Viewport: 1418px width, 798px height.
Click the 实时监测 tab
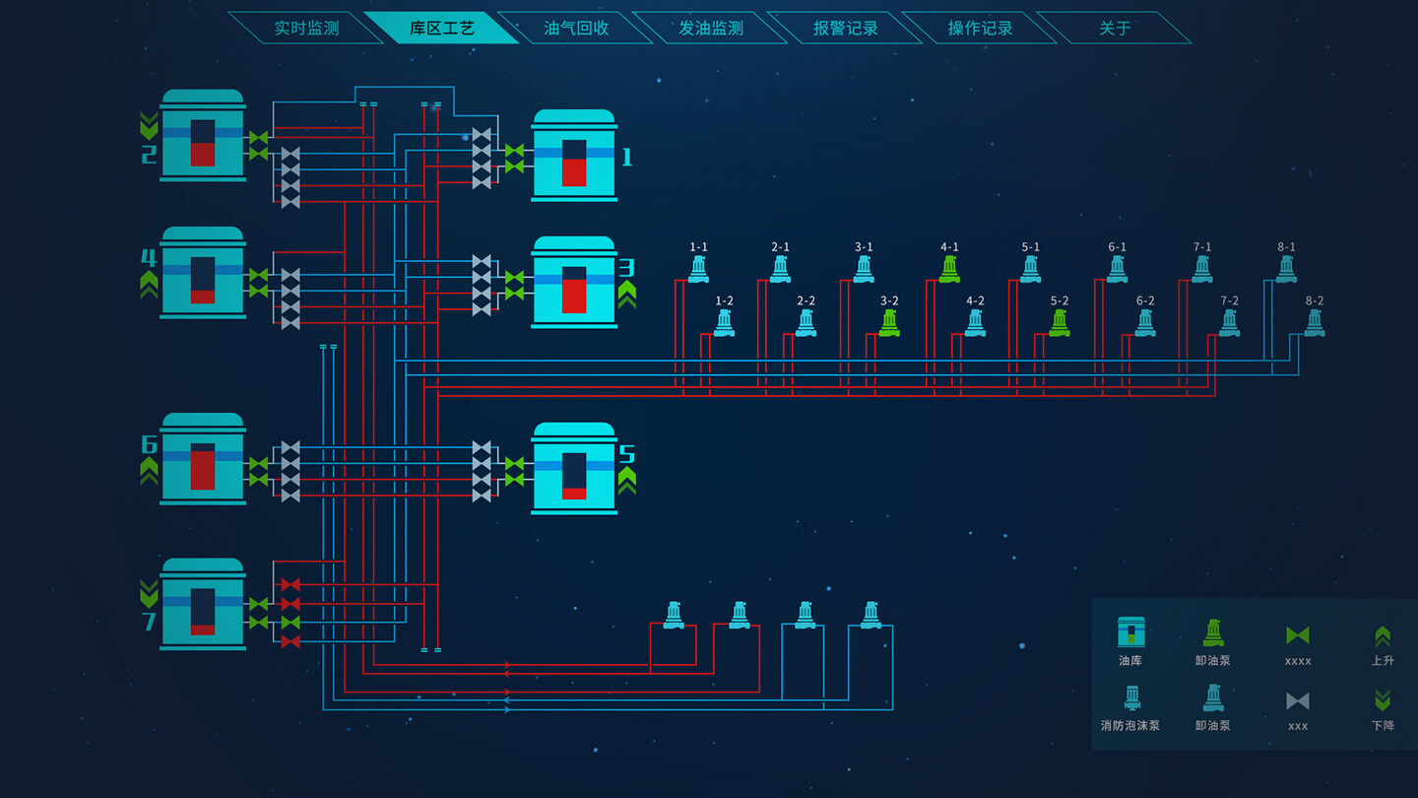coord(306,29)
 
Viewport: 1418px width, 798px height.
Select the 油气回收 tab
coord(576,29)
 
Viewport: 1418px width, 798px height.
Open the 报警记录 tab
coord(845,29)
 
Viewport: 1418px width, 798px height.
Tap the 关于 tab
coord(1115,29)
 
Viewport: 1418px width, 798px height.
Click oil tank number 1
coord(574,156)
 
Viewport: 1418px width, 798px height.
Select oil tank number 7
coord(203,604)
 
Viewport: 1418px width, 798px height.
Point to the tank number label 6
coord(149,444)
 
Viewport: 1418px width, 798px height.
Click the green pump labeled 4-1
coord(949,269)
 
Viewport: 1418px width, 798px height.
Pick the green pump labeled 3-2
coord(889,323)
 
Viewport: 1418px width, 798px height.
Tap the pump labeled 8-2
coord(1315,323)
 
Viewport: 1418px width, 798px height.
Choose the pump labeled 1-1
coord(698,269)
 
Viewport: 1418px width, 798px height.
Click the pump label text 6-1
coord(1118,247)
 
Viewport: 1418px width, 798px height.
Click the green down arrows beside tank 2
coord(149,125)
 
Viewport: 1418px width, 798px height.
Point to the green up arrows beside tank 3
coord(627,294)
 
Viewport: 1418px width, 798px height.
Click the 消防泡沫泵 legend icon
coord(1131,698)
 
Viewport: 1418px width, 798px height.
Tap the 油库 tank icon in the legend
coord(1131,632)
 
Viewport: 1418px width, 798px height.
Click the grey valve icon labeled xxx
coord(1298,700)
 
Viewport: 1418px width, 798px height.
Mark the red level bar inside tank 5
coord(574,494)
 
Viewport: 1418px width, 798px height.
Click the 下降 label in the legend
coord(1383,725)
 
